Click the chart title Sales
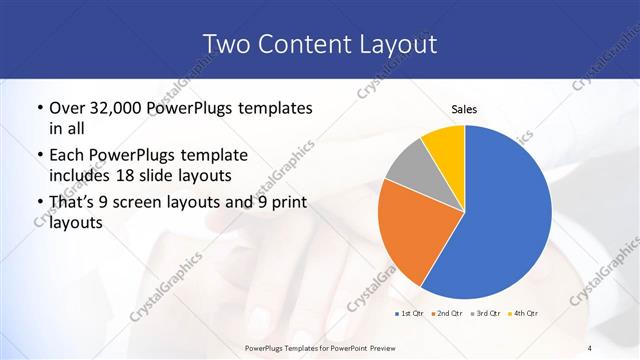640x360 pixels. click(x=464, y=110)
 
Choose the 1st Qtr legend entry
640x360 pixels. click(x=409, y=314)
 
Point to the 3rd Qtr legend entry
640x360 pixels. click(x=484, y=314)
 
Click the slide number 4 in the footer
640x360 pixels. click(x=590, y=347)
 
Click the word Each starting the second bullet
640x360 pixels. click(x=67, y=155)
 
